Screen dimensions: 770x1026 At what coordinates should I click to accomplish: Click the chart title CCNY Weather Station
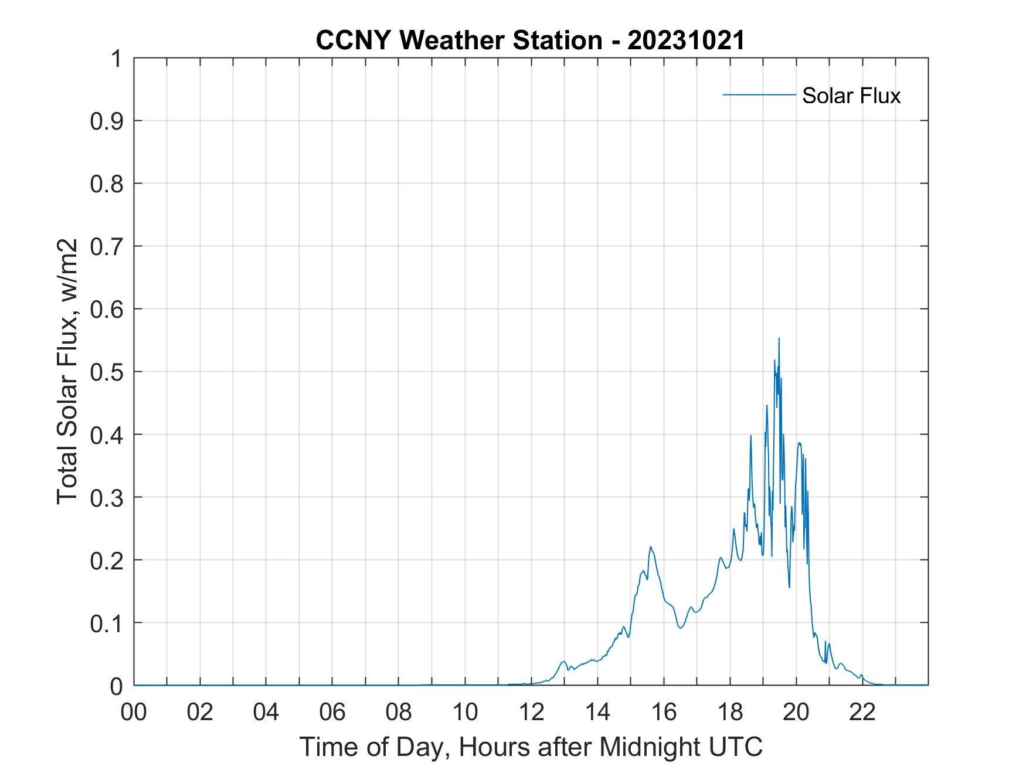tap(459, 40)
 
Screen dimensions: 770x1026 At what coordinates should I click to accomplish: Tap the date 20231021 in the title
tap(685, 40)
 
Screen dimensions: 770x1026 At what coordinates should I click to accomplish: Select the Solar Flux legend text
tap(851, 95)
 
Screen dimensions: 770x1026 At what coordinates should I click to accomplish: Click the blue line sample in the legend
tap(759, 95)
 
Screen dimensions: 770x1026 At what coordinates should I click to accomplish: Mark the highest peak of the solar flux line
tap(779, 338)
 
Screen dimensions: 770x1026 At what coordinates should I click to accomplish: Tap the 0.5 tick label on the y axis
tap(108, 372)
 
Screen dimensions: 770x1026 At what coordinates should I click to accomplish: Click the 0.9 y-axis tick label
tap(108, 121)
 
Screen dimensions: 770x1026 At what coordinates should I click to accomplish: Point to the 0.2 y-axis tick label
tap(108, 560)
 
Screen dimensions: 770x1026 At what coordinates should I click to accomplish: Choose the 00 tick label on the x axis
tap(134, 712)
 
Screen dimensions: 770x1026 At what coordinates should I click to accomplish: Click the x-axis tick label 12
tap(531, 712)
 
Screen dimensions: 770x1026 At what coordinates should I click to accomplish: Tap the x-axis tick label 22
tap(862, 712)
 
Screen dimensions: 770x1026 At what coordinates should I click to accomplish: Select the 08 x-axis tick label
tap(399, 712)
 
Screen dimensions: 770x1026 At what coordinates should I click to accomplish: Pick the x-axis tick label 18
tap(730, 712)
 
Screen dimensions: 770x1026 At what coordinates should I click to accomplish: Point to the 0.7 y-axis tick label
tap(108, 246)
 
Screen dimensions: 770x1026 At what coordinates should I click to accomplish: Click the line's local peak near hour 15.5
tap(651, 547)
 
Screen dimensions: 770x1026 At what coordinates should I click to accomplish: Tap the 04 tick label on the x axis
tap(266, 712)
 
